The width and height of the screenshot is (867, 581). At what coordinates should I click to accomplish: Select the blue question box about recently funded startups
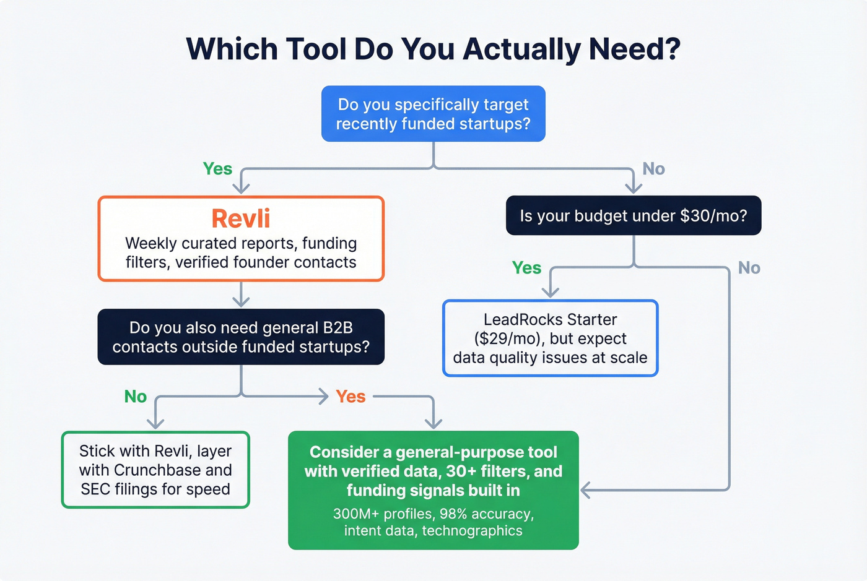point(433,114)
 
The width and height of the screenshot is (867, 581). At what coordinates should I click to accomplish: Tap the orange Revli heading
point(241,218)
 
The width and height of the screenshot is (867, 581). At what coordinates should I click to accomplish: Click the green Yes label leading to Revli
point(217,169)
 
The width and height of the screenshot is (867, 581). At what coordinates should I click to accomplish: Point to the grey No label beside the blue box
point(653,169)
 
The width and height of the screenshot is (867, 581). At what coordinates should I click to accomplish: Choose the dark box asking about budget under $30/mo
point(633,215)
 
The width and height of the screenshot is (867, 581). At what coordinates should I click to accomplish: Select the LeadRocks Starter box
point(550,338)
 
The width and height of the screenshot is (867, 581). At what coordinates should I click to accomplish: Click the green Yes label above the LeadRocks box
point(526,268)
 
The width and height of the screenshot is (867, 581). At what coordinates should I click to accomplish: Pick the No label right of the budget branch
point(749,268)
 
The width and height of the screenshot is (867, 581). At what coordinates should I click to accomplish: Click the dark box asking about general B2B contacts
point(241,337)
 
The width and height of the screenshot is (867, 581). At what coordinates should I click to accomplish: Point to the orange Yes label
point(351,397)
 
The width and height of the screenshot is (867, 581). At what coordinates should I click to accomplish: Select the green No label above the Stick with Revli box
point(136,397)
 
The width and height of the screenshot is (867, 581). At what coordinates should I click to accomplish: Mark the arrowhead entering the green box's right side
point(585,490)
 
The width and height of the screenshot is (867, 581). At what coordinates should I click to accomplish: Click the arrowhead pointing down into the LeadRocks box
point(551,292)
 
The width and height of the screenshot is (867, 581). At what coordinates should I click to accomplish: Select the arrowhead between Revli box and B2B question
point(241,301)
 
